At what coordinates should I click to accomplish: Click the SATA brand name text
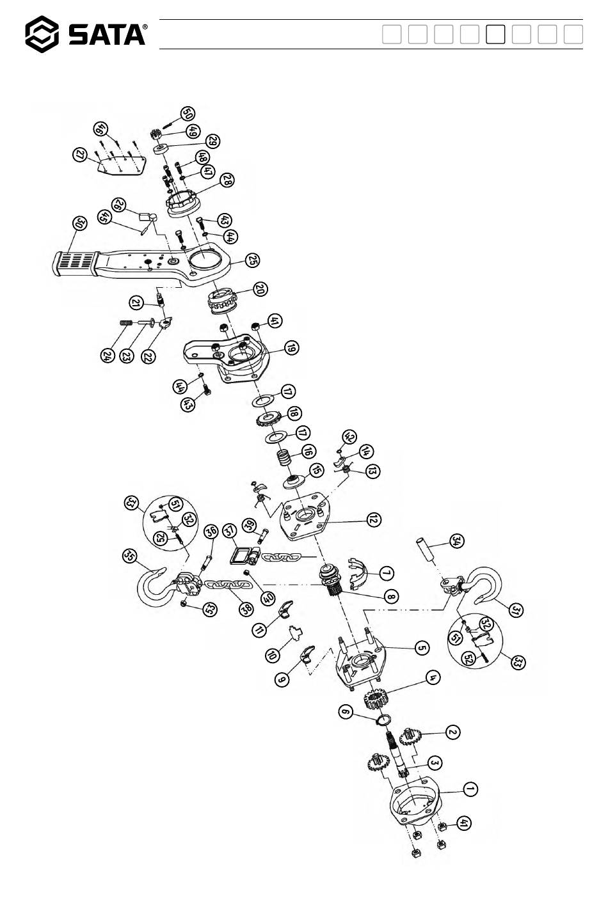coord(107,35)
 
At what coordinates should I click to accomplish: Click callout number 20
coord(259,288)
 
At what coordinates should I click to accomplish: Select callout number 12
coord(372,519)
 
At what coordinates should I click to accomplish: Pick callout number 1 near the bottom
coord(470,790)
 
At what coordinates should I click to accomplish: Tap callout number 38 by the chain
coord(246,609)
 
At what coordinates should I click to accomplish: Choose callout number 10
coord(273,655)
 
